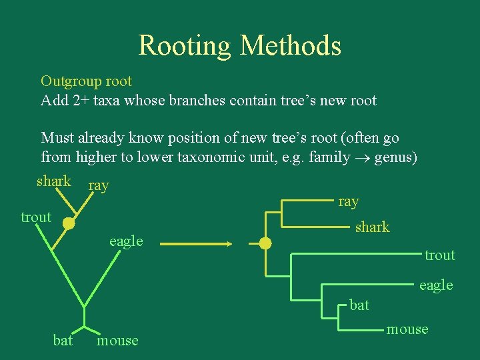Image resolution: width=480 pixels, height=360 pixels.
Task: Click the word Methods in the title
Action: click(291, 46)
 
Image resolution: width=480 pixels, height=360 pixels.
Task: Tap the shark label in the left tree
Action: click(54, 181)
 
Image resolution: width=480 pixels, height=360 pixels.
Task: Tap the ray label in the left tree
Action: click(99, 186)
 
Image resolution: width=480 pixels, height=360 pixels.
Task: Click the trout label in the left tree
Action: click(36, 217)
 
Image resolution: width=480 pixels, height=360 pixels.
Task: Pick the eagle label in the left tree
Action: click(126, 241)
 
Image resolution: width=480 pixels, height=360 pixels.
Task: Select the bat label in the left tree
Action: click(63, 341)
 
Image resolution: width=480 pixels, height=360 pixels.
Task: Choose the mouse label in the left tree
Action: click(118, 341)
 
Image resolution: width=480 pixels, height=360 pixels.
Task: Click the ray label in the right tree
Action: click(349, 201)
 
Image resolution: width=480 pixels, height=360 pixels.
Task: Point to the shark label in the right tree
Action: click(372, 227)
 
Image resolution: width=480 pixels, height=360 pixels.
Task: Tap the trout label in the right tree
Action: click(440, 255)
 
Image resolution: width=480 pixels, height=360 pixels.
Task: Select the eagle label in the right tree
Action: click(436, 285)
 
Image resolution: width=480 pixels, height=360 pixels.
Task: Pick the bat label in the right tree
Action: click(359, 305)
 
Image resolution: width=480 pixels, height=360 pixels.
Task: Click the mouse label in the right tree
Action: click(408, 329)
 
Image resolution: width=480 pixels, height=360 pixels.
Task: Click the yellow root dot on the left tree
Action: click(69, 223)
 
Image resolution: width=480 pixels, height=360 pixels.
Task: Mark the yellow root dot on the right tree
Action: click(265, 244)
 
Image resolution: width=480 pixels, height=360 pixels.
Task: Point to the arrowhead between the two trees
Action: click(229, 244)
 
